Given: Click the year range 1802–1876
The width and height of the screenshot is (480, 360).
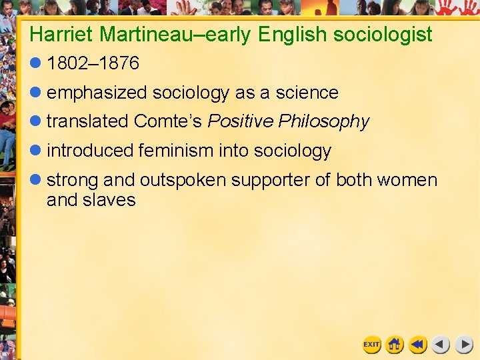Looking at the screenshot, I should click(93, 63).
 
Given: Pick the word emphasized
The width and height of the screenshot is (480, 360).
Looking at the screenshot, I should click(97, 93).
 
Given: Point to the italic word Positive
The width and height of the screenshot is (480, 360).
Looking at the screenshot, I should click(241, 121).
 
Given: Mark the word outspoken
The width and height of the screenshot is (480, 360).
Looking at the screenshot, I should click(183, 180).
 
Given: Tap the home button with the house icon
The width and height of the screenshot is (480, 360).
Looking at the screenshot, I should click(395, 344).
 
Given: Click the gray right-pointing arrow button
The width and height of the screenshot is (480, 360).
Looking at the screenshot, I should click(463, 344).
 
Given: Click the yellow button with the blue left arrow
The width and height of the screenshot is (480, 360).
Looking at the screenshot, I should click(418, 344).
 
